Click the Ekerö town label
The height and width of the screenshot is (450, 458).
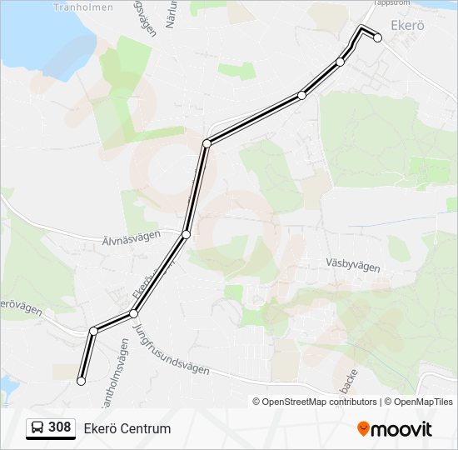coord(407,26)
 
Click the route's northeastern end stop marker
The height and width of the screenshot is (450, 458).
coord(377,37)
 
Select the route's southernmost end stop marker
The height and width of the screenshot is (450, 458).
coord(82,381)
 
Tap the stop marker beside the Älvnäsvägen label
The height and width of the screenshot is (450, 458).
coord(186,235)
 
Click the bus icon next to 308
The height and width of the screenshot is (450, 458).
coord(37,428)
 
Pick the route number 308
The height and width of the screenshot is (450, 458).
coord(60,427)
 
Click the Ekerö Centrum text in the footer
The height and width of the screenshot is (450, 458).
coord(127,428)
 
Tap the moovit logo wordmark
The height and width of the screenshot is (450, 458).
coord(401,429)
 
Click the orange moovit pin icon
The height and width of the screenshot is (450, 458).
coord(363,428)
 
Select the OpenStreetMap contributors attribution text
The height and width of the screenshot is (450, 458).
coord(320,402)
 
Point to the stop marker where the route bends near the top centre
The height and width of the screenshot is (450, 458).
coord(207,143)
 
